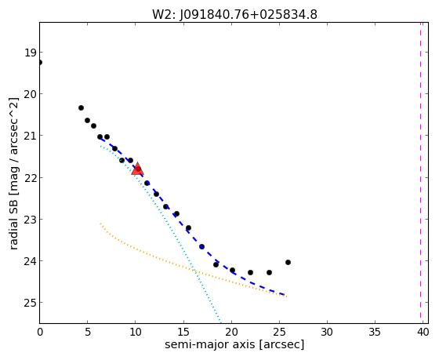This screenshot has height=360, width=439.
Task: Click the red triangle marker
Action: click(x=137, y=169)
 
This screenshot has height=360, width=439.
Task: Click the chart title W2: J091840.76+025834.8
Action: click(x=234, y=15)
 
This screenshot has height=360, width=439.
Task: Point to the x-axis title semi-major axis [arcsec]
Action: click(x=234, y=344)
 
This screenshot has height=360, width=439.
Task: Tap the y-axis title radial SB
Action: click(x=14, y=224)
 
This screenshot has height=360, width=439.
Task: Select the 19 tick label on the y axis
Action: click(x=30, y=53)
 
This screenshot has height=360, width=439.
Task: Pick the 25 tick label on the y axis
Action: click(x=30, y=303)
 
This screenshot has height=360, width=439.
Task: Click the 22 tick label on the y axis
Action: click(x=30, y=178)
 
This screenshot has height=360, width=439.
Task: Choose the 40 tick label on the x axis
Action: click(x=423, y=333)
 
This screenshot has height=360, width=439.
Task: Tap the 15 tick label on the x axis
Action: click(x=183, y=333)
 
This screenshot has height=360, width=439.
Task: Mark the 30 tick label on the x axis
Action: click(x=327, y=333)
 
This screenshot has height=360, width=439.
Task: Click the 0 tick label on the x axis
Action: click(x=40, y=333)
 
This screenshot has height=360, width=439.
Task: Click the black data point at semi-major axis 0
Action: click(x=40, y=62)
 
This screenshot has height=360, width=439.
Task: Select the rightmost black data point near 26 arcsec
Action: click(x=288, y=263)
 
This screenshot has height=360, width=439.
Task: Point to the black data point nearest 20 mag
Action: click(x=82, y=108)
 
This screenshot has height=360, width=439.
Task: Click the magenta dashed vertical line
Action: click(x=420, y=170)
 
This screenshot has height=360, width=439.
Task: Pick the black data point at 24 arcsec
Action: click(x=270, y=273)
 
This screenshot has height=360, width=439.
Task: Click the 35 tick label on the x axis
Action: click(x=375, y=333)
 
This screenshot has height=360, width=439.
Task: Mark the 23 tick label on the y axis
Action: click(x=30, y=220)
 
